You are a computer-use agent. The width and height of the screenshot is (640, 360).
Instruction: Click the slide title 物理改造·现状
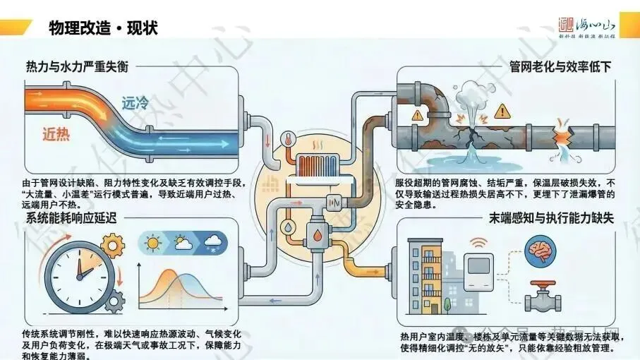pyautogui.click(x=103, y=28)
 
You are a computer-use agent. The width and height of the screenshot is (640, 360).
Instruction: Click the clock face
pyautogui.click(x=79, y=271)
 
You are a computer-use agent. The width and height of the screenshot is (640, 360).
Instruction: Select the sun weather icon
pyautogui.click(x=152, y=244)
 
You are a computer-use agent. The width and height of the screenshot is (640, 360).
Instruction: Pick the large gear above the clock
pyautogui.click(x=112, y=246)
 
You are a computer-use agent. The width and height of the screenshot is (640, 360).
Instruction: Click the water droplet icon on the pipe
pyautogui.click(x=289, y=228)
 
